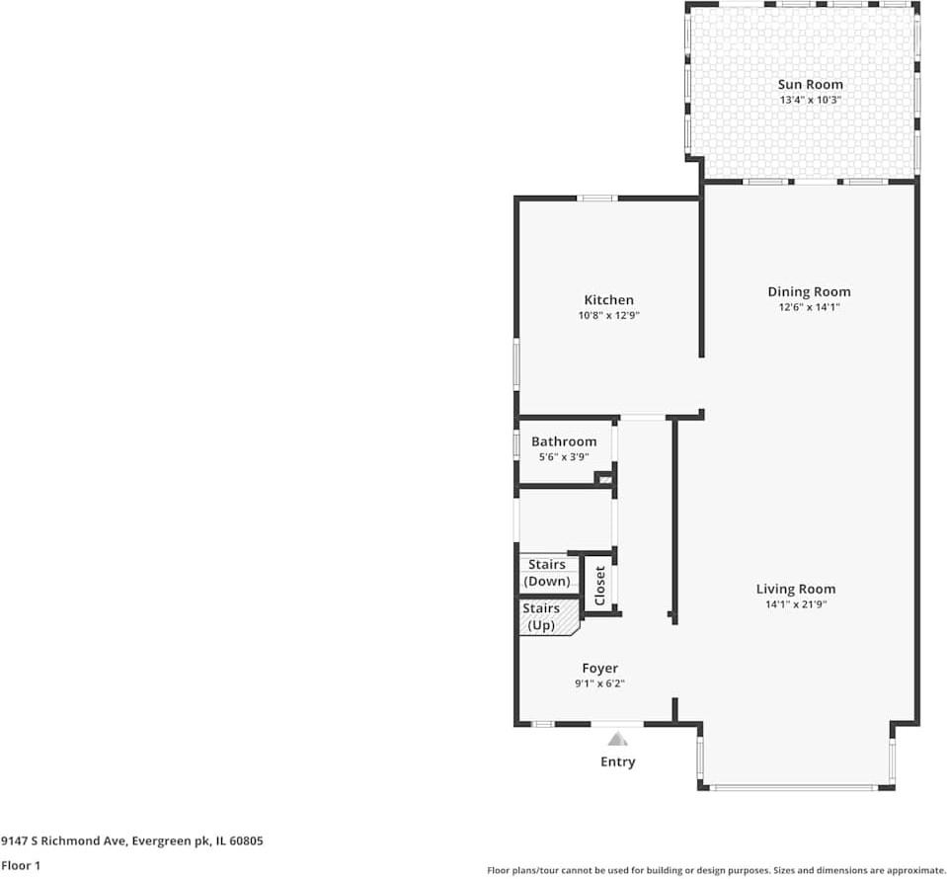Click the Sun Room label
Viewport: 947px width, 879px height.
(x=810, y=85)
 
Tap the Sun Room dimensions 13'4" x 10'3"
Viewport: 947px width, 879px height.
(x=810, y=101)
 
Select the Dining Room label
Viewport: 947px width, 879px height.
(x=809, y=291)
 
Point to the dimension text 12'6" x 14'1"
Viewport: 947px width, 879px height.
(x=809, y=307)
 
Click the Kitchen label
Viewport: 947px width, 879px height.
(x=608, y=300)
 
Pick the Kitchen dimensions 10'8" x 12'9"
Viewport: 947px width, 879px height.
(x=608, y=316)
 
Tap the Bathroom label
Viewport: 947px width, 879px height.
(x=564, y=441)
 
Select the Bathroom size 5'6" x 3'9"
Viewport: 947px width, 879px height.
(x=564, y=457)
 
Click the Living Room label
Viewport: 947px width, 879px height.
(x=795, y=589)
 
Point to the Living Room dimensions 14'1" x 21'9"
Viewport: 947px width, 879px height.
(x=795, y=604)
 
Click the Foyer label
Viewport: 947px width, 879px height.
(x=599, y=669)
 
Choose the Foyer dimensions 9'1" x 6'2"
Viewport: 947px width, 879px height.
(x=599, y=683)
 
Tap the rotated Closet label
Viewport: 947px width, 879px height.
(x=599, y=586)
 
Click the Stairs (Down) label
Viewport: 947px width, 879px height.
(x=547, y=573)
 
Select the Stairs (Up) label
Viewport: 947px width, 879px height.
(x=541, y=617)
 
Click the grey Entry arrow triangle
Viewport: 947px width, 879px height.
(x=618, y=738)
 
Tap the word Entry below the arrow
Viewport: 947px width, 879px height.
(x=618, y=761)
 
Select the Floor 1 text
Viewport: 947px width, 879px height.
(x=20, y=866)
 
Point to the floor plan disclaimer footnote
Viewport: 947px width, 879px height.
(x=716, y=870)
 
